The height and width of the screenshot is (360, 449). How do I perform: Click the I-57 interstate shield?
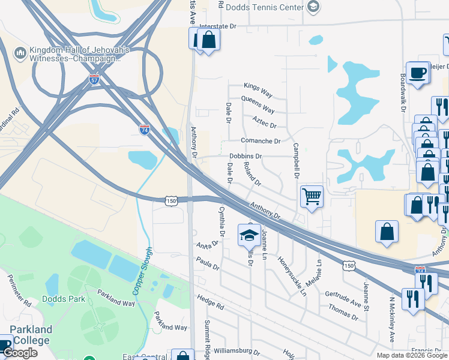[94, 79]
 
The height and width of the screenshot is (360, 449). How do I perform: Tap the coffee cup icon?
[417, 73]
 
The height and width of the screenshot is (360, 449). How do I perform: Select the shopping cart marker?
[312, 196]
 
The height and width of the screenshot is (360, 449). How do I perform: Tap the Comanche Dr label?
[261, 141]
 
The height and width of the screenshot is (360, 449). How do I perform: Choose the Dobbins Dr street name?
[246, 156]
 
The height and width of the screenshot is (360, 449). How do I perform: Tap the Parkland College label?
[31, 335]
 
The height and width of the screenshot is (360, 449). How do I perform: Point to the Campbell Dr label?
[296, 161]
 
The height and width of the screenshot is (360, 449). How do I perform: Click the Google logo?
[20, 353]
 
